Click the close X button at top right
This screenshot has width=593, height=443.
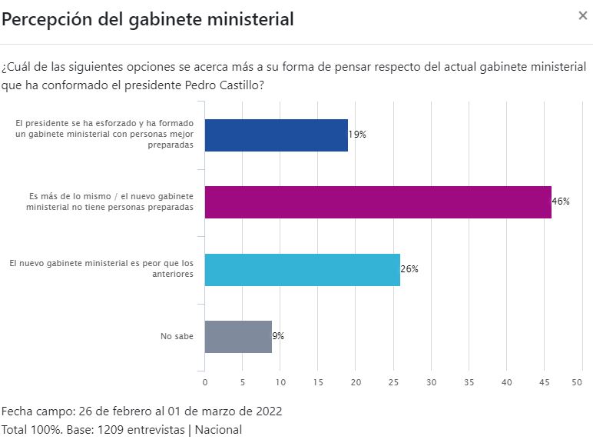(x=582, y=15)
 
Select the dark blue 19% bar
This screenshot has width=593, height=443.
(x=277, y=135)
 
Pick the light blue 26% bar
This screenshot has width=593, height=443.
(x=303, y=268)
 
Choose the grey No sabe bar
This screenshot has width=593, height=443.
(x=238, y=336)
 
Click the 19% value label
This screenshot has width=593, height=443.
(x=357, y=135)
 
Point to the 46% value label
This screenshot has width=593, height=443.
(x=561, y=202)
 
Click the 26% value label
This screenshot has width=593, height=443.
(x=409, y=269)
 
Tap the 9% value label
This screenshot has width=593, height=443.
(x=278, y=336)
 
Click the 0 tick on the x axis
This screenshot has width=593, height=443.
(x=205, y=382)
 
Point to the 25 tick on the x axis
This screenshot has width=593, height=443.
(x=393, y=382)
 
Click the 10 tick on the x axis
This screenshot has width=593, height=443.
(x=280, y=382)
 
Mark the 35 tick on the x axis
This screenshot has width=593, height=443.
(x=469, y=382)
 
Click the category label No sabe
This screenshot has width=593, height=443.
(x=177, y=336)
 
